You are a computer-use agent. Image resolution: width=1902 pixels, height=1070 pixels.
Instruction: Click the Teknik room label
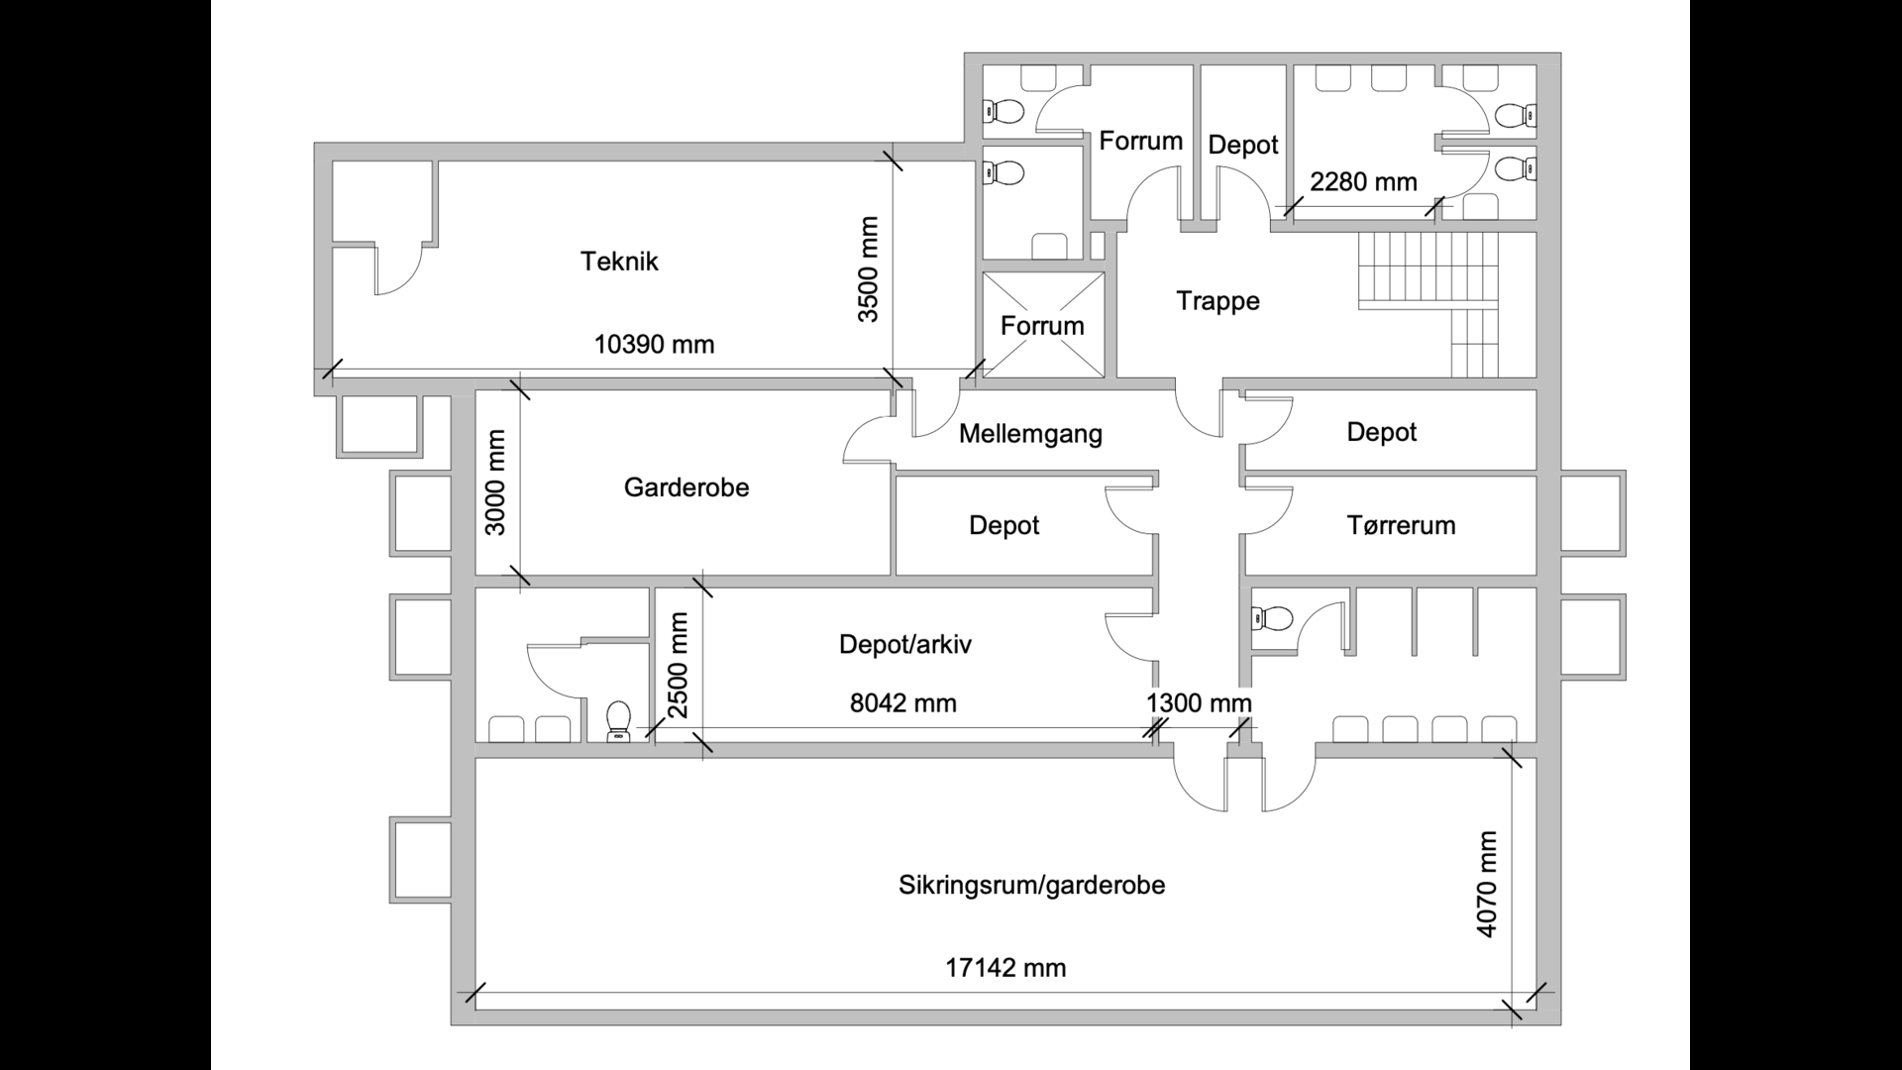619,262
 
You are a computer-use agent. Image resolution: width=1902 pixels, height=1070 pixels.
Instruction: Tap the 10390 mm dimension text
654,345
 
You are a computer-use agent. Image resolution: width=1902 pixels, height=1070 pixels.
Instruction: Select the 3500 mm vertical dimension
869,269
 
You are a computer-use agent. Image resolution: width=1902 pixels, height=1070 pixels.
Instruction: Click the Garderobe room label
687,487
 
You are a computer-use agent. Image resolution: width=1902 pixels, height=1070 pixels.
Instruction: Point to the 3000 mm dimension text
496,481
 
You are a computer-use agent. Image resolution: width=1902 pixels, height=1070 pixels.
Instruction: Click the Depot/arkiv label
905,645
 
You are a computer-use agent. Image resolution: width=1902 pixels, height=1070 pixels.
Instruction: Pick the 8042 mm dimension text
903,703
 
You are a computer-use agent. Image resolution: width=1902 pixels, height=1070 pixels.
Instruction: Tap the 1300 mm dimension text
1199,703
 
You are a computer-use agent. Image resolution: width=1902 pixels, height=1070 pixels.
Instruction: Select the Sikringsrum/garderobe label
1031,885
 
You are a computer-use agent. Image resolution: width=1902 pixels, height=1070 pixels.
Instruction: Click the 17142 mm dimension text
1005,968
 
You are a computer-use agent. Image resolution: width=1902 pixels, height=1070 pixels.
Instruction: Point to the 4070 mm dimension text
1487,885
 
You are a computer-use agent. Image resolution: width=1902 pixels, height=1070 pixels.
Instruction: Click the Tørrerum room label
1401,525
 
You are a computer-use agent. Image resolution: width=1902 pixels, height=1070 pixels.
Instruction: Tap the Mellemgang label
1030,434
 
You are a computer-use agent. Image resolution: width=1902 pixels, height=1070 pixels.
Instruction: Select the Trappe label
1217,301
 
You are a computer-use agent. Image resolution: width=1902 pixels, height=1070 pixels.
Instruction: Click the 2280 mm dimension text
1363,182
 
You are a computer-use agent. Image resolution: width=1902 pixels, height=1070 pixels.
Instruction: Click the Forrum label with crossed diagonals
1042,326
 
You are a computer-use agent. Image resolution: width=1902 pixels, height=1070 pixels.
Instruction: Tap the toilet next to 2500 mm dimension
619,720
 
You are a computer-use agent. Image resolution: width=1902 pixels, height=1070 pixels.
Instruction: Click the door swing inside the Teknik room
398,269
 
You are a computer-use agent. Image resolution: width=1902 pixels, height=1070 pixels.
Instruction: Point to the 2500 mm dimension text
678,665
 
